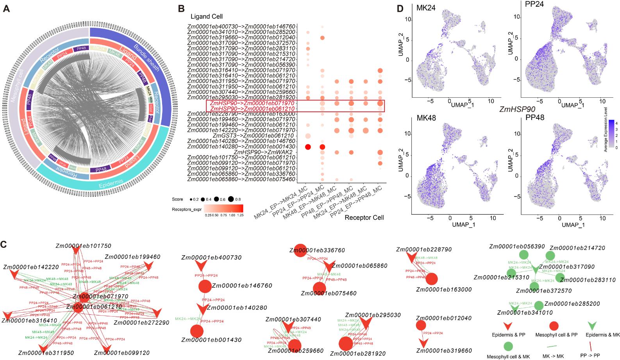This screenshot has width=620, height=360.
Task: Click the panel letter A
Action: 6,9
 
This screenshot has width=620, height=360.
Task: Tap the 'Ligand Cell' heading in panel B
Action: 206,16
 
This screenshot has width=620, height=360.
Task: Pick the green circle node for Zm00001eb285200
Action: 538,305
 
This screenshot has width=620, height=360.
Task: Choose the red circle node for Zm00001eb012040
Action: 421,325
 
